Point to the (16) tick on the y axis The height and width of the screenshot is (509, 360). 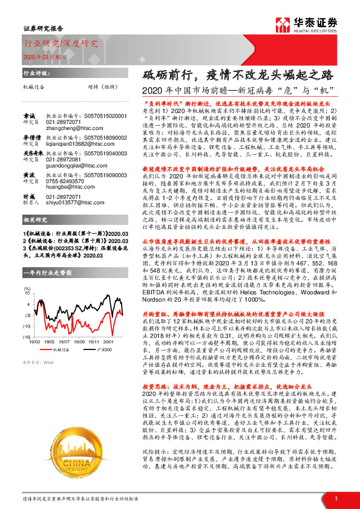(x=27, y=336)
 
